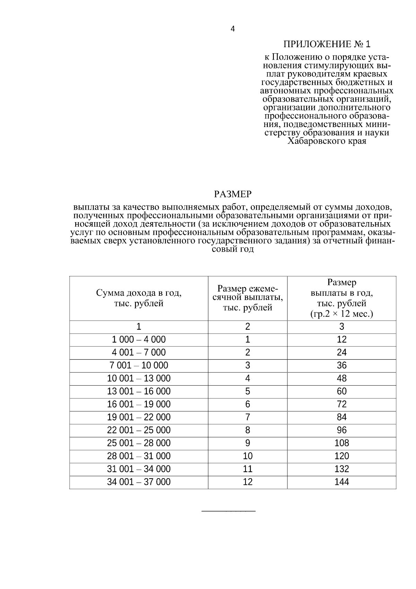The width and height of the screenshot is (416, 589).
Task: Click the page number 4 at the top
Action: point(232,29)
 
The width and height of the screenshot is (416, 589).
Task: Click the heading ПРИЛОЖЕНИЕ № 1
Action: point(327,44)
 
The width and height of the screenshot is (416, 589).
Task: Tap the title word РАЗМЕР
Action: point(232,194)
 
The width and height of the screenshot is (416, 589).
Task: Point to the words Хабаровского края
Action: point(327,141)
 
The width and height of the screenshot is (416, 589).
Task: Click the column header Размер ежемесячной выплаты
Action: point(248,298)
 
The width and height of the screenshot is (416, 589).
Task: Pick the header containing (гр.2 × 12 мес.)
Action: point(341,314)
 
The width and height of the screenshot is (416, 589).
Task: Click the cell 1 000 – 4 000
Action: point(139,339)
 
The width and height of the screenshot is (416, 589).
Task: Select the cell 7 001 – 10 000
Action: point(139,365)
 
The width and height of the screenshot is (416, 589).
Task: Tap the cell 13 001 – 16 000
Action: point(139,392)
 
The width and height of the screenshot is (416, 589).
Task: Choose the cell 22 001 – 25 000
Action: point(139,430)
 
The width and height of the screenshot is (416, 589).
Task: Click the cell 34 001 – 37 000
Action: point(139,482)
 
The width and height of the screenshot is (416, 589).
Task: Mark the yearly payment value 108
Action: point(341,443)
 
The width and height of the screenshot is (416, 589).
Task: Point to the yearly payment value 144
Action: point(341,482)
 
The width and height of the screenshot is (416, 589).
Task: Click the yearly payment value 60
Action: point(341,392)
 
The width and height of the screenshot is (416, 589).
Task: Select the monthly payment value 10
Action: point(248,456)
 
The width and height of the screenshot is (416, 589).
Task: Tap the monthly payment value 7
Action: point(248,417)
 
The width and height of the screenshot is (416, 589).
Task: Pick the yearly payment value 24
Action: point(341,353)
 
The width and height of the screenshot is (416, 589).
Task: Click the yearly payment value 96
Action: point(341,430)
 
